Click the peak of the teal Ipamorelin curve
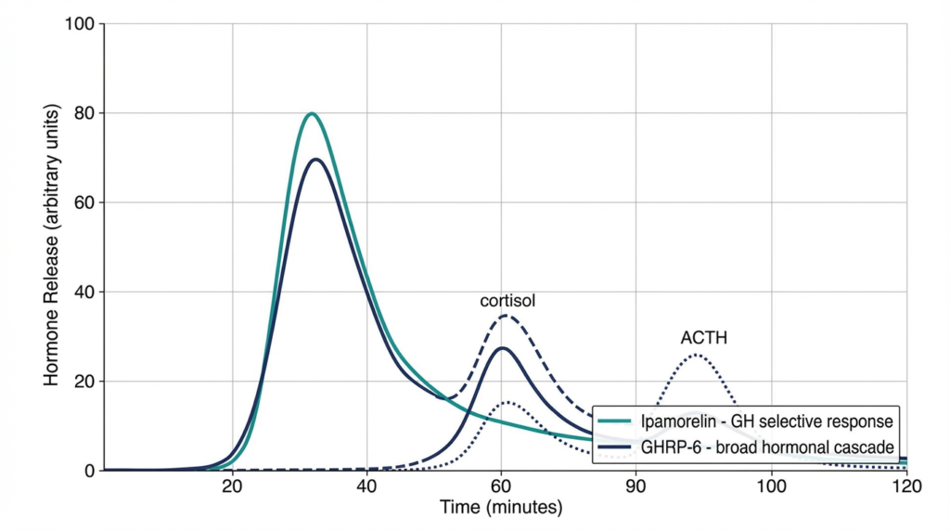312,114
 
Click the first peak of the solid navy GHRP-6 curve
316,160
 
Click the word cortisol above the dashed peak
507,301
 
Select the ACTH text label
703,338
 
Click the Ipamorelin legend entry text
766,421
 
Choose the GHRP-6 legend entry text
766,447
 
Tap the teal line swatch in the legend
615,421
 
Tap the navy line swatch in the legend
615,447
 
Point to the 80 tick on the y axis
85,113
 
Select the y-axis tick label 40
85,292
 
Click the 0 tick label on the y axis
90,471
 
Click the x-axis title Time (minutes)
501,508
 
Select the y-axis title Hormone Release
52,247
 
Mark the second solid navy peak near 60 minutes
502,348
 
